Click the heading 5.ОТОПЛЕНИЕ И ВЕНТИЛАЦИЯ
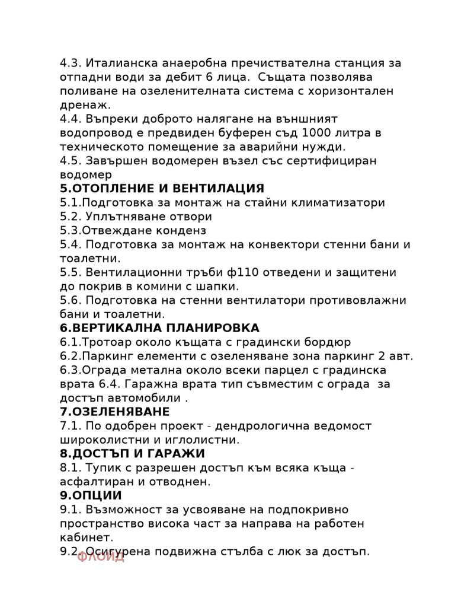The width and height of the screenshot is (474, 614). point(162,189)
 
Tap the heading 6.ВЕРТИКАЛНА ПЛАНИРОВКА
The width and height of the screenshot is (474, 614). point(159,328)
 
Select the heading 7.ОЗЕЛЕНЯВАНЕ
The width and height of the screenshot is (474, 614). point(114,412)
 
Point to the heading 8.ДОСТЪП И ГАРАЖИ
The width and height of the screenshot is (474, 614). point(132,454)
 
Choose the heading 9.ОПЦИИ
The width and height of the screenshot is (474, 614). point(91,495)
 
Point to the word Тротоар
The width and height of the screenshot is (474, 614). point(104,342)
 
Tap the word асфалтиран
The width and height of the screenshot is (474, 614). point(94,482)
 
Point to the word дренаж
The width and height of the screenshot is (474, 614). point(84,105)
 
